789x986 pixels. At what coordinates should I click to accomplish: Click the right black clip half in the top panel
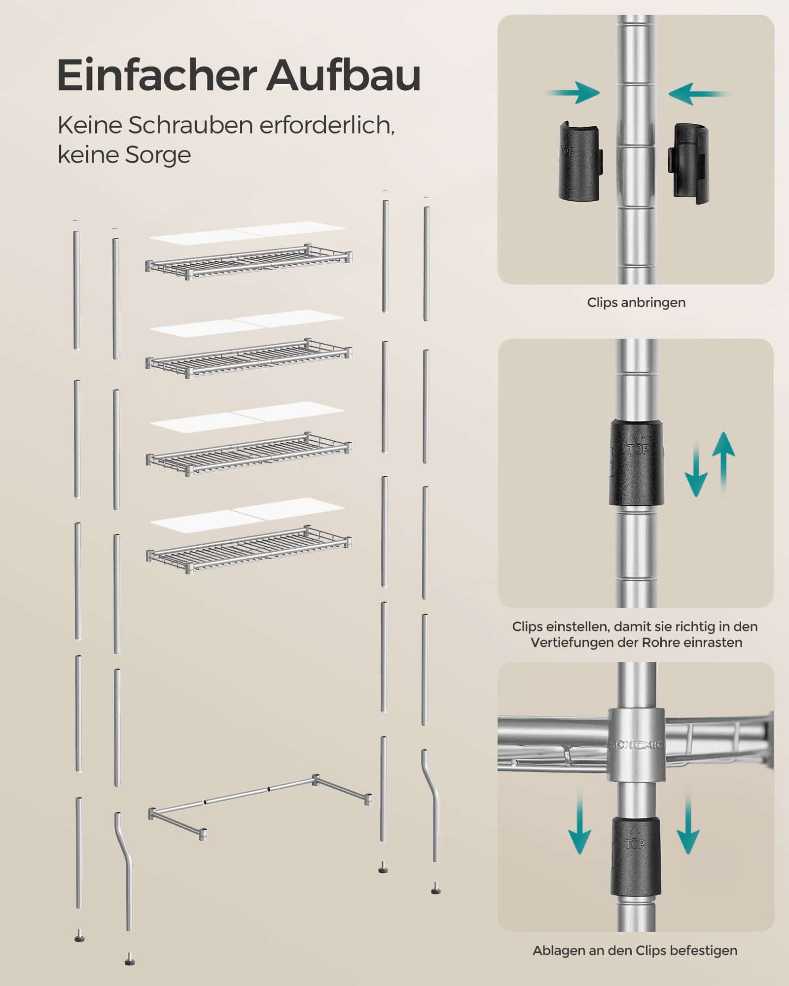[687, 162]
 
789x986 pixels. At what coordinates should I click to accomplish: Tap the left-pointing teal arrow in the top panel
[700, 93]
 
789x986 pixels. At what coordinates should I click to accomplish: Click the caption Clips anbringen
[636, 302]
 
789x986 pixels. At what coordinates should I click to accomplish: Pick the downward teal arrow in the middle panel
[696, 469]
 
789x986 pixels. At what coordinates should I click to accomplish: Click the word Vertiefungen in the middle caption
[572, 643]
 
